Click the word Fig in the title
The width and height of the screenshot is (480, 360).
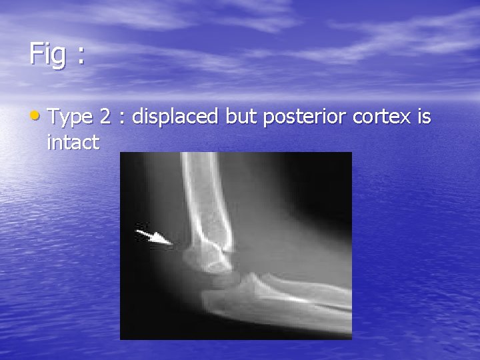(x=47, y=55)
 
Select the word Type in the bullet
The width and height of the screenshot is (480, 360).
(x=71, y=119)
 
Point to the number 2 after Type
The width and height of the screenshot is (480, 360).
(x=105, y=117)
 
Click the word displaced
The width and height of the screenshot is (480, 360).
(x=176, y=118)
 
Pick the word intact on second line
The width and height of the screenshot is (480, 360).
(x=73, y=141)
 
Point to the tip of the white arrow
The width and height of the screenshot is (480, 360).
(x=171, y=245)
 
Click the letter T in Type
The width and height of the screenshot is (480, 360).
(x=56, y=117)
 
